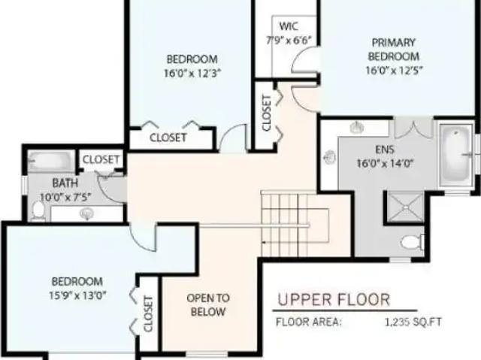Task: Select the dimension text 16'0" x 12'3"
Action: coord(192,73)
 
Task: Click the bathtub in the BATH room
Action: coord(50,161)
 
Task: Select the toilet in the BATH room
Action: coord(38,211)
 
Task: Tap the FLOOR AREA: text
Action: coord(309,322)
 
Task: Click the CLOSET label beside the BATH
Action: coord(100,159)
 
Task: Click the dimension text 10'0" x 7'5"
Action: coord(66,198)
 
